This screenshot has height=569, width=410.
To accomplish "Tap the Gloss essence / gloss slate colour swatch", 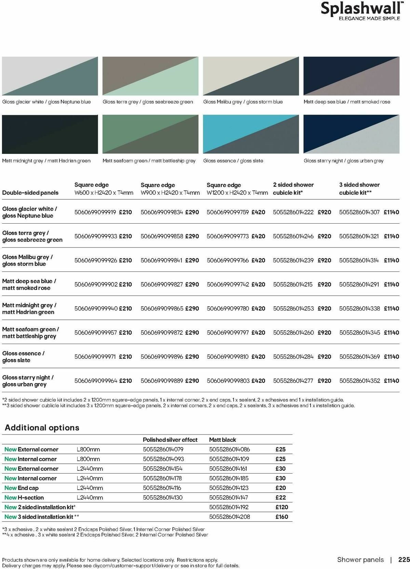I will (251, 134).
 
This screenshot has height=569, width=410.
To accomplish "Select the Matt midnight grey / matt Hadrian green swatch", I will (50, 134).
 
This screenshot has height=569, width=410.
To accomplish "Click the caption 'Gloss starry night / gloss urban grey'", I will (343, 161).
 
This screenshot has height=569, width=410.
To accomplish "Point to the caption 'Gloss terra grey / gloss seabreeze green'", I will (148, 102).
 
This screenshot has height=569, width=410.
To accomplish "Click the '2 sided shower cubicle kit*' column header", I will (293, 188).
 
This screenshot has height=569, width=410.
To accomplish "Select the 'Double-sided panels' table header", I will (30, 193).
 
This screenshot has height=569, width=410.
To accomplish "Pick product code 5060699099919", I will (95, 212).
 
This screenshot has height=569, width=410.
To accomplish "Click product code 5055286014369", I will (359, 357).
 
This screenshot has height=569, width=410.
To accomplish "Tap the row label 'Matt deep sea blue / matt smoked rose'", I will (29, 284).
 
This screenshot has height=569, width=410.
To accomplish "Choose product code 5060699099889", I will (162, 381).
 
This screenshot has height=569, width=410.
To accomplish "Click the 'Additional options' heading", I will (42, 428).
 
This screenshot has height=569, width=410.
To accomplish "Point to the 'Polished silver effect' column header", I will (170, 440).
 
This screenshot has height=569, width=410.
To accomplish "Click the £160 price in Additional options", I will (282, 517).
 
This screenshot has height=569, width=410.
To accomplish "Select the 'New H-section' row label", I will (24, 498).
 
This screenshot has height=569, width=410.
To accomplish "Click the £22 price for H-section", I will (281, 498).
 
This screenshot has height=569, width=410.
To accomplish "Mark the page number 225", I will (404, 560).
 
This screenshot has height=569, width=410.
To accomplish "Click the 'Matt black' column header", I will (222, 440).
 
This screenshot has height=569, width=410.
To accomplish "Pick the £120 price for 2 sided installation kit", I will (282, 507).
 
